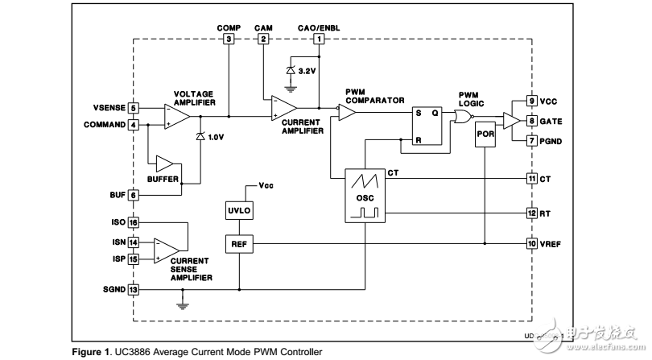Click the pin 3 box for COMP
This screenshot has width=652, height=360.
click(x=229, y=39)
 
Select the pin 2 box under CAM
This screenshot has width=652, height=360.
click(x=263, y=39)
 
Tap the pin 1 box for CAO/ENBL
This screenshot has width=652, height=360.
click(x=320, y=39)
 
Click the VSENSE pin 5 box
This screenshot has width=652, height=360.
click(x=134, y=108)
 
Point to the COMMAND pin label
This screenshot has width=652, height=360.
click(x=105, y=125)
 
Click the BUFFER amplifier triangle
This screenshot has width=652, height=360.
click(x=166, y=163)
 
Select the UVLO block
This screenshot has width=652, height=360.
click(x=240, y=210)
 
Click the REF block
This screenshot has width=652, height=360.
click(x=240, y=242)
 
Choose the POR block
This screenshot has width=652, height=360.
click(x=485, y=134)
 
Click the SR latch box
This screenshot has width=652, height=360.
click(x=427, y=126)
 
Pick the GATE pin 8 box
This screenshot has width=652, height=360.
click(x=532, y=121)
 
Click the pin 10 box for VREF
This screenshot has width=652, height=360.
click(x=532, y=242)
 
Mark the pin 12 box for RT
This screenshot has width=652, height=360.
click(x=532, y=213)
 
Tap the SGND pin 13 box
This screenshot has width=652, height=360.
click(x=134, y=289)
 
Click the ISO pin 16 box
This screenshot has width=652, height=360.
click(x=134, y=222)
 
